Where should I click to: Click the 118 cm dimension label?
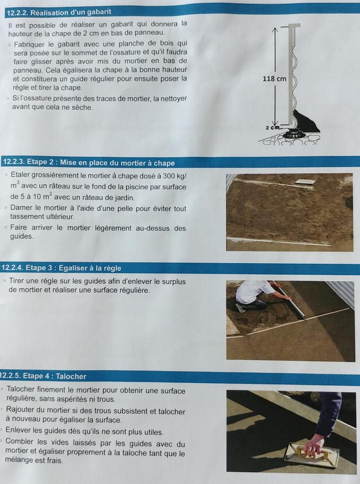(274, 79)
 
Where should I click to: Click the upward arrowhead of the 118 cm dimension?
(275, 30)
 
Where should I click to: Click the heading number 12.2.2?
(17, 13)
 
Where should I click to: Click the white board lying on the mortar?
(305, 181)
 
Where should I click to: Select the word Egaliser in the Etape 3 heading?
(73, 268)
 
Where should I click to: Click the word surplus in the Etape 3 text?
(174, 282)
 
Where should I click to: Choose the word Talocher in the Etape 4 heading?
(71, 376)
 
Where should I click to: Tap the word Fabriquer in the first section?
(29, 44)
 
